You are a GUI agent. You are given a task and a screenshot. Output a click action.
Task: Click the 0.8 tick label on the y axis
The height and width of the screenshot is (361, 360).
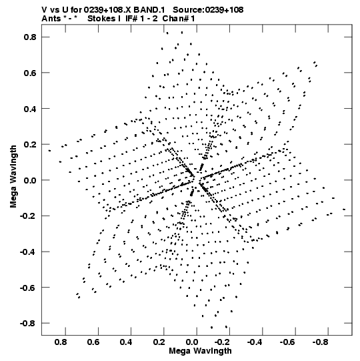(30, 37)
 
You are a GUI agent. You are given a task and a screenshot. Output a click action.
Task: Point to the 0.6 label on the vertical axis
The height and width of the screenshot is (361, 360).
(30, 73)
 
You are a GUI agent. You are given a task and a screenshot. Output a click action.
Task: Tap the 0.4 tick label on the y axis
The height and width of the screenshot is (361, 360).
(30, 109)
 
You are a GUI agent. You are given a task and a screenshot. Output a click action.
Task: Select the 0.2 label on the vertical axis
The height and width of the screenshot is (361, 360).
(30, 144)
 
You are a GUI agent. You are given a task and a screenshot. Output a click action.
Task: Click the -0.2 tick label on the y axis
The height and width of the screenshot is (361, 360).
(28, 216)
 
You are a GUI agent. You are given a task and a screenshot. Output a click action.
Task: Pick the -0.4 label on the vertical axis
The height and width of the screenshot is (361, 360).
(28, 252)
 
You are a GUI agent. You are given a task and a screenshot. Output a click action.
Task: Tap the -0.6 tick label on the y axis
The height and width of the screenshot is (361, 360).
(28, 288)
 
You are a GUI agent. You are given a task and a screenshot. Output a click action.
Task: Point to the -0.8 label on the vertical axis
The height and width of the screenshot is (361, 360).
(28, 323)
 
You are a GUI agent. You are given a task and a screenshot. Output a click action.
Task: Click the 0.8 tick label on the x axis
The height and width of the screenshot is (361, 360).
(61, 342)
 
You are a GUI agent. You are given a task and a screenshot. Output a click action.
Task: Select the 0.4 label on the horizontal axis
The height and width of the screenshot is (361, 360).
(126, 342)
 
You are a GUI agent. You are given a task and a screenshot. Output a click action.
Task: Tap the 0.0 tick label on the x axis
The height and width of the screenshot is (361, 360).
(192, 342)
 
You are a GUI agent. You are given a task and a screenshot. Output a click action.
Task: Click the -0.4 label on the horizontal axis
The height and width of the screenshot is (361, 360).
(255, 342)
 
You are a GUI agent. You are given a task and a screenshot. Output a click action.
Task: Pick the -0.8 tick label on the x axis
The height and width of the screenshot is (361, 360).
(320, 342)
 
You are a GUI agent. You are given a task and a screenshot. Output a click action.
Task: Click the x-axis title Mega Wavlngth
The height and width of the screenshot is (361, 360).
(200, 351)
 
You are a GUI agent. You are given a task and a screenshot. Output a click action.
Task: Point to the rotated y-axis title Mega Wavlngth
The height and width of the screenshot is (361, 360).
(13, 177)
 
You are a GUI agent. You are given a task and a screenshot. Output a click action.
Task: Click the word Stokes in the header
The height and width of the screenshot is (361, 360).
(101, 19)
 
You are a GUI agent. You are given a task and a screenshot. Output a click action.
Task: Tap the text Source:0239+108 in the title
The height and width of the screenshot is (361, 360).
(208, 10)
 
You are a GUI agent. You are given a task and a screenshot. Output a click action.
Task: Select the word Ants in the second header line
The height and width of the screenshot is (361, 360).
(51, 19)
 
